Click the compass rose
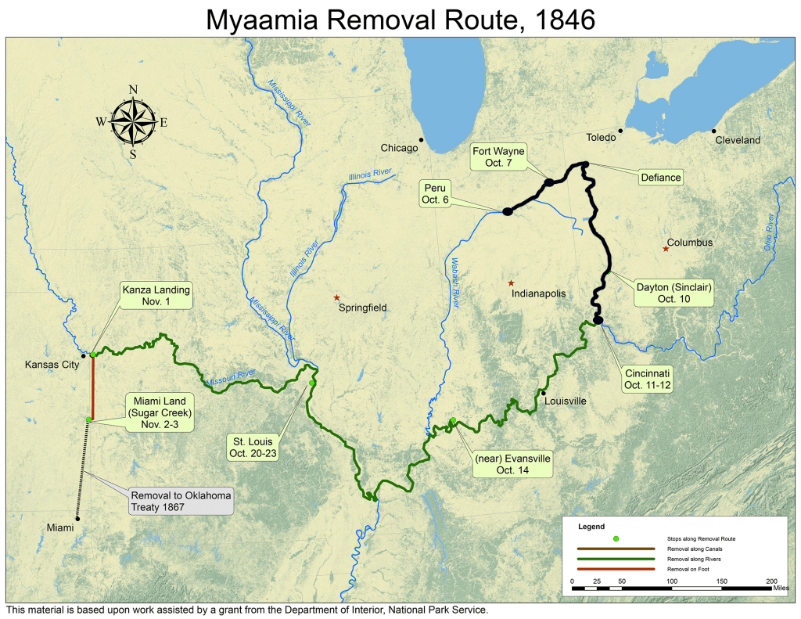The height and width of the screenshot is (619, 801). pos(133,122)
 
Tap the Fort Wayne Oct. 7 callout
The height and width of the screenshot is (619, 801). pos(497,157)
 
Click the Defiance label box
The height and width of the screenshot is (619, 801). pos(661,178)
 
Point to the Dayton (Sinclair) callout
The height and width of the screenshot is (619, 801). pos(672,293)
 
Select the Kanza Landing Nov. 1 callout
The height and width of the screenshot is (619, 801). pos(156,295)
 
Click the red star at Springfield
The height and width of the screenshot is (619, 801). pos(336,297)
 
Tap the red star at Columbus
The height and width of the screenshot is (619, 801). pos(666,249)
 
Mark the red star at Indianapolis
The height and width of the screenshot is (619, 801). pos(511,283)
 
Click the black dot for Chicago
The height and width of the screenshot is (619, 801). pos(422,140)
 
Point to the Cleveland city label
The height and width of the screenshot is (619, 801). pos(738,140)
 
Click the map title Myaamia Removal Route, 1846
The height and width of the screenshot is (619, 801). pos(400,19)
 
